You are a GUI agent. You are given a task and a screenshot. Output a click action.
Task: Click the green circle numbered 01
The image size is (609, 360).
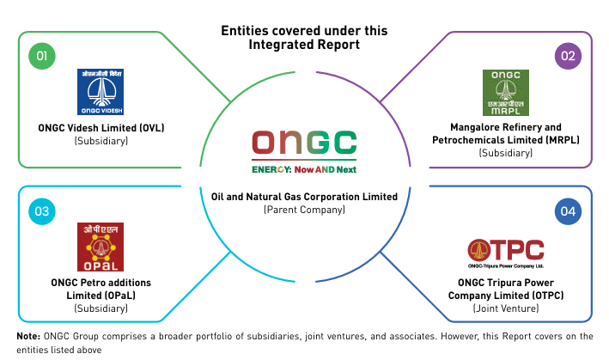[42, 56]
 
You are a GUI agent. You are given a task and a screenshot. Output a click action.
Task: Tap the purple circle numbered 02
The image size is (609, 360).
[568, 56]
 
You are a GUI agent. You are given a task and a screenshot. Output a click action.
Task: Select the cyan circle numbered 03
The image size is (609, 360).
[42, 211]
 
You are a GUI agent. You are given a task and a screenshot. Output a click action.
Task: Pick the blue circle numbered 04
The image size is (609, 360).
[568, 211]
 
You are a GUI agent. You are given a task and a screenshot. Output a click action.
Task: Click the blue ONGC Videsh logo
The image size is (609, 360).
[100, 92]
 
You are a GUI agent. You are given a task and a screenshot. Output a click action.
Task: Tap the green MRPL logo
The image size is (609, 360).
[506, 93]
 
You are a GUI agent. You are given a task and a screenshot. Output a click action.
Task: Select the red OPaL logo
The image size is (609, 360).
[100, 247]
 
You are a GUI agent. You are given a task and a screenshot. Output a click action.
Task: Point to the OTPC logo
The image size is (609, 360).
[506, 253]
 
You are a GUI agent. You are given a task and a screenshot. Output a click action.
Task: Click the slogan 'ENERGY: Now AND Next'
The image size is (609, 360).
[304, 169]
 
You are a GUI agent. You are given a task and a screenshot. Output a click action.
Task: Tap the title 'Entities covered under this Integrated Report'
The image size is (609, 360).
[304, 38]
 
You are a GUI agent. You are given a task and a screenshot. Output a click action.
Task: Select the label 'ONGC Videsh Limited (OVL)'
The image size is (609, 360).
[101, 128]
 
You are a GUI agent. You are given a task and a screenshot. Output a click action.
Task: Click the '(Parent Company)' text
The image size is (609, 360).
[304, 210]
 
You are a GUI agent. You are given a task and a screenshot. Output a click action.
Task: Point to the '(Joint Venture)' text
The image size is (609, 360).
[506, 308]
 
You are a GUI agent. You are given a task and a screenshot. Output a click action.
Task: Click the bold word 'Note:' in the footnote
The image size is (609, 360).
[28, 336]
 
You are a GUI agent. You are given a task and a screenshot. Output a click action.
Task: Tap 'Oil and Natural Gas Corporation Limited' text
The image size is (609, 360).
[304, 197]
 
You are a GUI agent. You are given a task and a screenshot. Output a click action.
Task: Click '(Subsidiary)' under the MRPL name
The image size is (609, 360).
[506, 153]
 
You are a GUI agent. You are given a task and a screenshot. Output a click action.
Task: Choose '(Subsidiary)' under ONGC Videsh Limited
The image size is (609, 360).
[101, 141]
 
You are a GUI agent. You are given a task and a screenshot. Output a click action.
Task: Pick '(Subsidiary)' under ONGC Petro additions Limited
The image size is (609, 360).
[101, 308]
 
